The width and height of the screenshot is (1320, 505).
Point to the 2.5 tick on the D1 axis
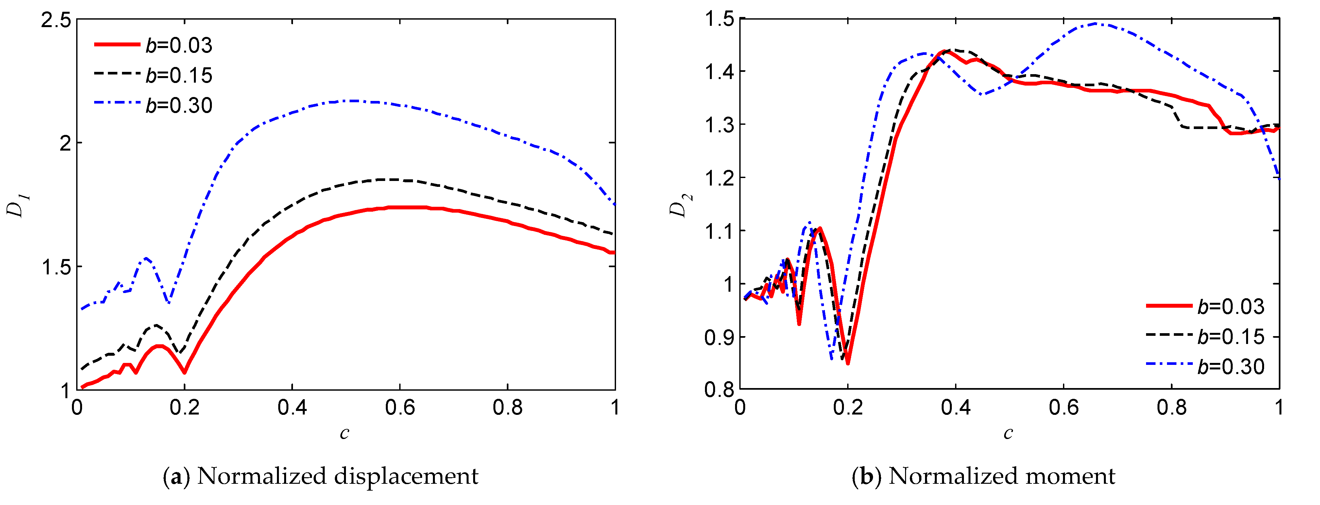coord(56,21)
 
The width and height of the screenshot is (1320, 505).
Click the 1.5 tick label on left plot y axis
coord(56,267)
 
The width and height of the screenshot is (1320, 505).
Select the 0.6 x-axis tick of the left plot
coord(400,408)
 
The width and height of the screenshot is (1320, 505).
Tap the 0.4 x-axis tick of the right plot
coord(956,408)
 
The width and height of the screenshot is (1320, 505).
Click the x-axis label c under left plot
coord(344,433)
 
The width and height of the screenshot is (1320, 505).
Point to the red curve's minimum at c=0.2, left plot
coord(184,372)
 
